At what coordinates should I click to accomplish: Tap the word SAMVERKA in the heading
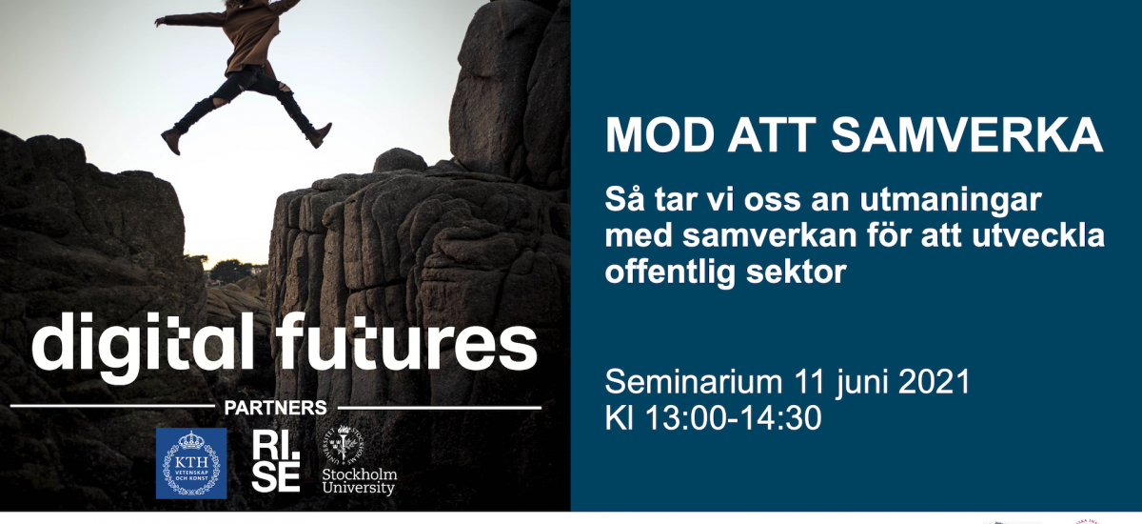pos(967,134)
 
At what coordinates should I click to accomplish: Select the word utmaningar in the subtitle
pos(951,201)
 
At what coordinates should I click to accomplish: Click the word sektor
pos(797,271)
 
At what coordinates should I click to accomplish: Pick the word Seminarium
pos(694,382)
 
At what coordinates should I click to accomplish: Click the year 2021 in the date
pos(934,382)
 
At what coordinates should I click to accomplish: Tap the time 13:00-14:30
pos(734,418)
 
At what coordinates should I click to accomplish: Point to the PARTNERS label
pos(276,408)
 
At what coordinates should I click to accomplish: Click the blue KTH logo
pos(191,463)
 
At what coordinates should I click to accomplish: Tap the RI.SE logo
pos(276,462)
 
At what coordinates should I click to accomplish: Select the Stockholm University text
pos(360,481)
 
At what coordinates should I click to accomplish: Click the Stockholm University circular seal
pos(345,445)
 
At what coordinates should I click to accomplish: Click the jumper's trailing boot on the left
pos(173,141)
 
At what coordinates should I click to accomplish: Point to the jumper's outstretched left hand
pos(161,21)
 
